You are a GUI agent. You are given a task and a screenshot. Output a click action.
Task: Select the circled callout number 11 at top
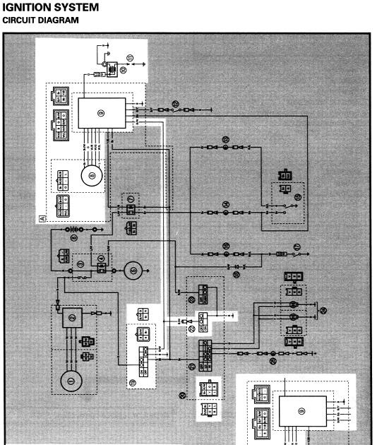[129, 57]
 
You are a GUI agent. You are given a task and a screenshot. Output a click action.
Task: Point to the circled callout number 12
[174, 103]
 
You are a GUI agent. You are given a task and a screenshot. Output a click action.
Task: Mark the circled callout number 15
[226, 140]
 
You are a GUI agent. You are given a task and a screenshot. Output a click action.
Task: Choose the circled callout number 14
[226, 204]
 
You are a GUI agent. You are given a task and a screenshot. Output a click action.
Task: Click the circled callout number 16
[226, 246]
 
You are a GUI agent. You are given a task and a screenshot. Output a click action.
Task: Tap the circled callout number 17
[297, 247]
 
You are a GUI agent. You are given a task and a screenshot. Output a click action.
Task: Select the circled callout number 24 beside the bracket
[323, 310]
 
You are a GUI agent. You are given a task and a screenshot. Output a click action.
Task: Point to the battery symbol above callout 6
[71, 230]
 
